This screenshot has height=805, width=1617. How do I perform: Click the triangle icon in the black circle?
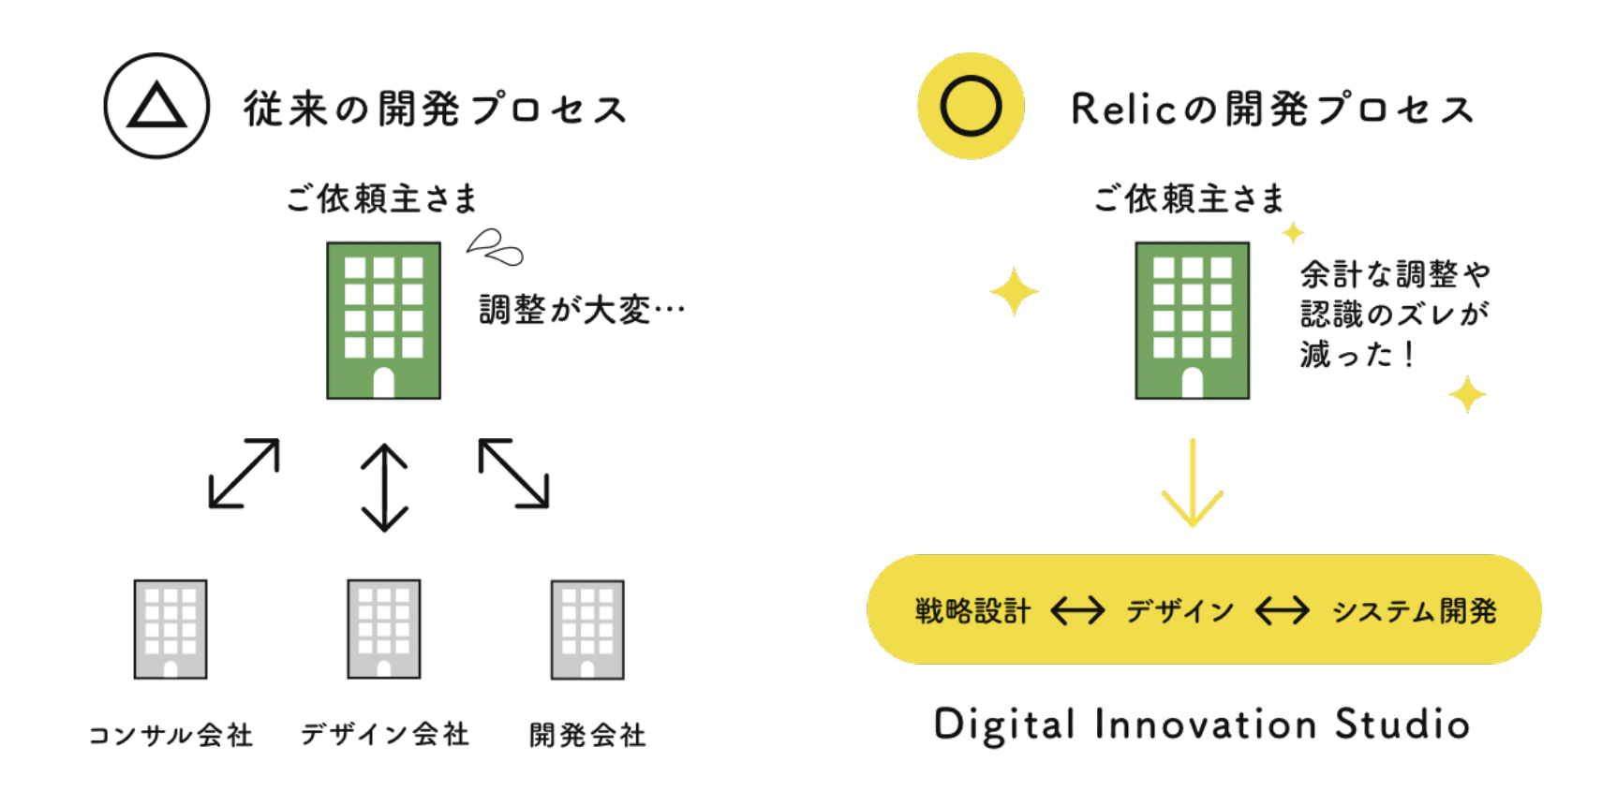tap(156, 106)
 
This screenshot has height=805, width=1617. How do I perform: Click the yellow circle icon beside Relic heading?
tap(971, 106)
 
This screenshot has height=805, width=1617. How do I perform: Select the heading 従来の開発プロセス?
tap(436, 110)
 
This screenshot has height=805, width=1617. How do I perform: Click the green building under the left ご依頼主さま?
tap(383, 320)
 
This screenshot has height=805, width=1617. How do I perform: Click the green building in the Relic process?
tap(1192, 320)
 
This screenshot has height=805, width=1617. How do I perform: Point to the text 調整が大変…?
tap(582, 309)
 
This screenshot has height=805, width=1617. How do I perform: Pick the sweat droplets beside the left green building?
tap(495, 247)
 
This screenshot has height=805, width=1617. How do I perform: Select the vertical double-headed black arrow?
tap(384, 487)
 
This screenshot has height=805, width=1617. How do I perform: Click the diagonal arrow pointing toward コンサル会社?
tap(244, 474)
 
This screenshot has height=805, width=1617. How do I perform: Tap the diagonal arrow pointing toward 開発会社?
tap(513, 474)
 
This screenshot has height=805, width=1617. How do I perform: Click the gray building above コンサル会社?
tap(171, 629)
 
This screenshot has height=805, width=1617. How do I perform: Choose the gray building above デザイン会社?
tap(384, 629)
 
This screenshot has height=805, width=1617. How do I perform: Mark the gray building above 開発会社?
tap(587, 629)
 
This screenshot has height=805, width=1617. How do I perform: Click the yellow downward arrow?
tap(1192, 483)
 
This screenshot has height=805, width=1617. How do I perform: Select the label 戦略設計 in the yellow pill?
tap(972, 611)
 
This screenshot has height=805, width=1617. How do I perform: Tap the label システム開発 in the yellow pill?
tap(1414, 611)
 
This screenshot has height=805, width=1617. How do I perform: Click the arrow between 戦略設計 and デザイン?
tap(1077, 611)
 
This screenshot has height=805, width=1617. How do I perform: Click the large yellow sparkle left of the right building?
tap(1014, 292)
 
